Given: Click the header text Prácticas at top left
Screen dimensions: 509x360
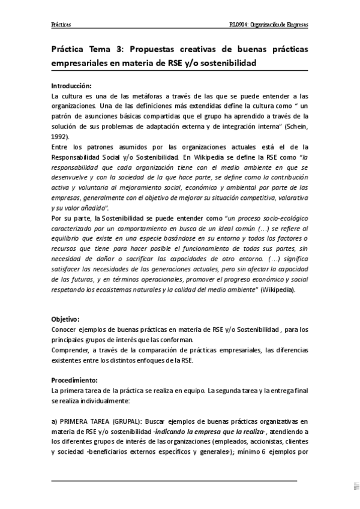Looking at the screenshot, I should point(61,25).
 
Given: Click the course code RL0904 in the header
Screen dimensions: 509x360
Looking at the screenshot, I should point(231,25).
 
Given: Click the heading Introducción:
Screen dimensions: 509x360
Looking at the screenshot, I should point(72,86).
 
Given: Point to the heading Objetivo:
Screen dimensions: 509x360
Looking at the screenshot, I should point(65,319).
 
